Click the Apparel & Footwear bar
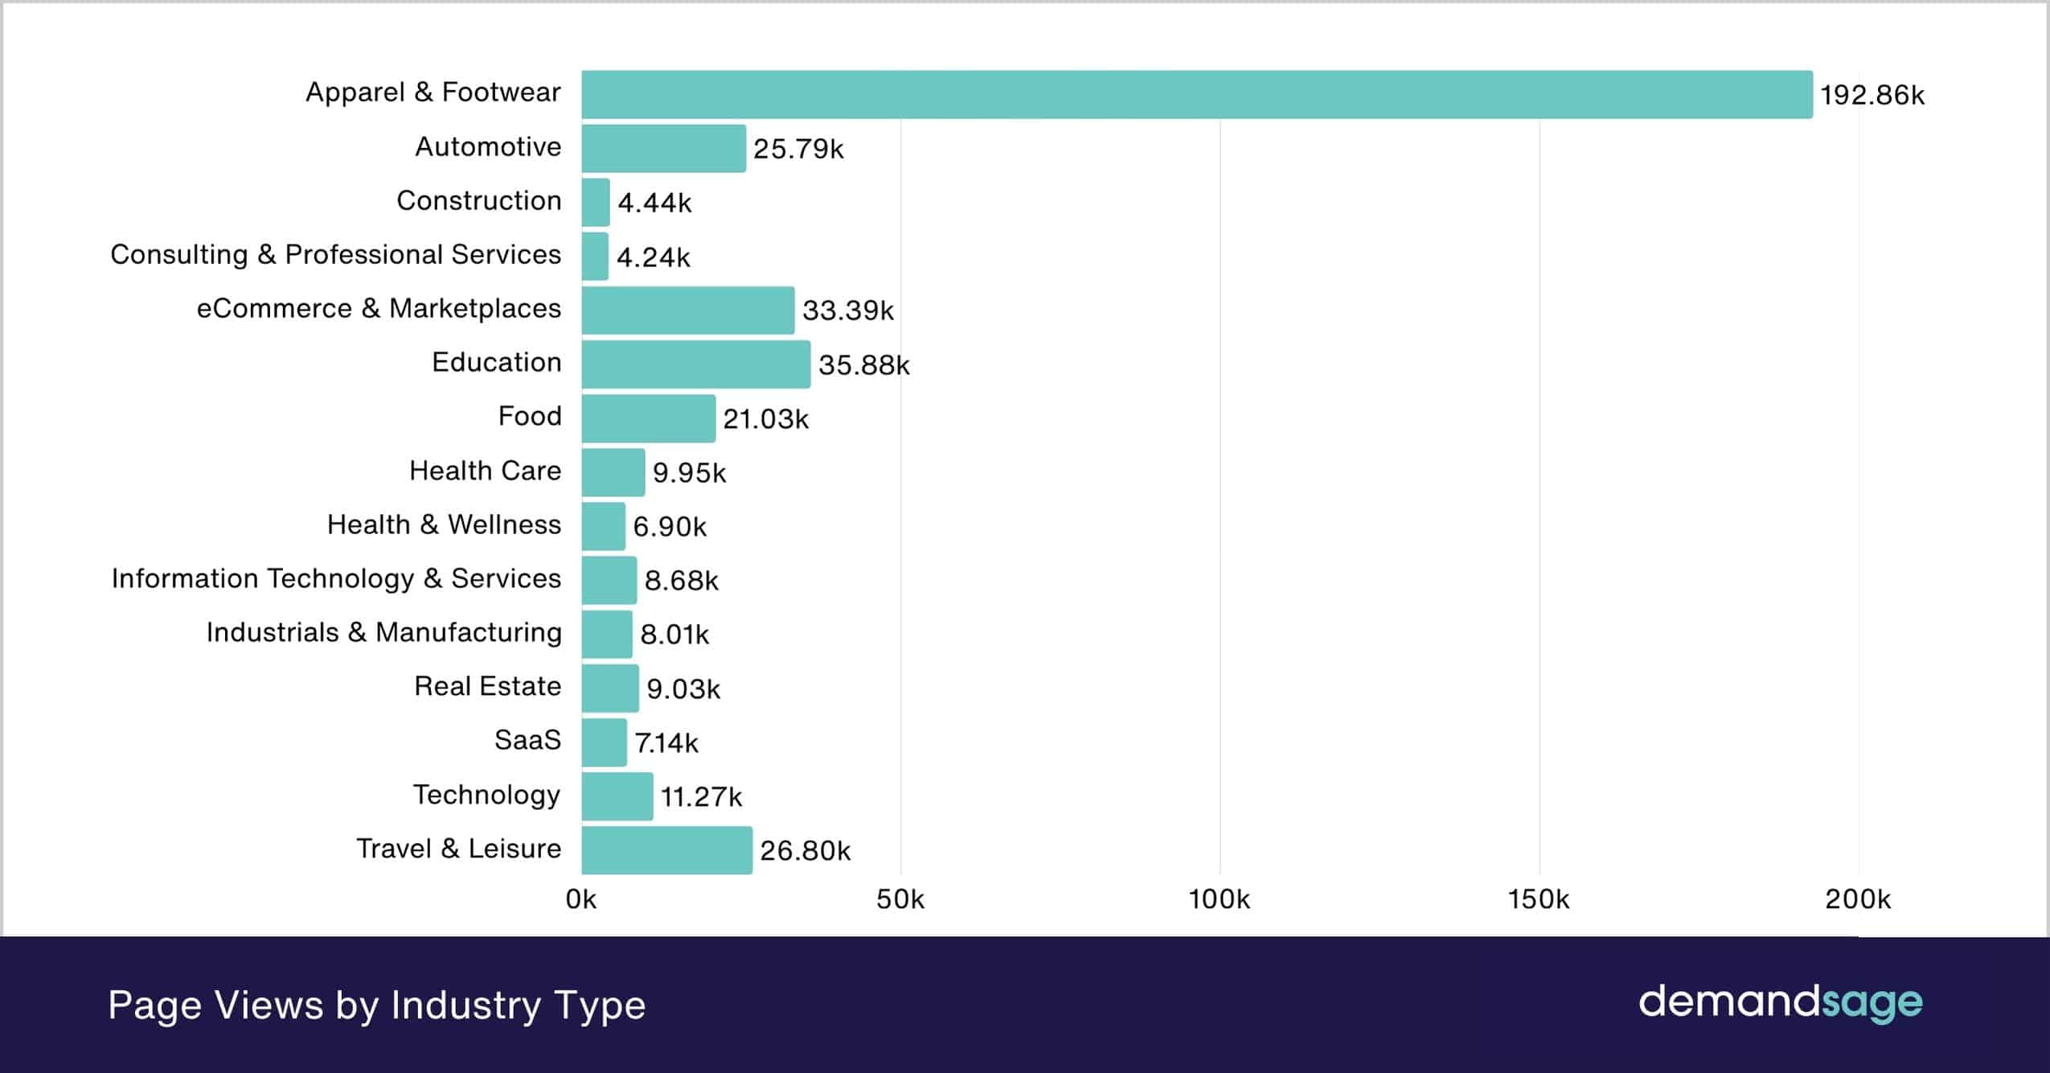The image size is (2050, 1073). pyautogui.click(x=1196, y=95)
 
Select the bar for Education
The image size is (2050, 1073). pyautogui.click(x=695, y=364)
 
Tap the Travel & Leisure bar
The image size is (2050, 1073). pyautogui.click(x=666, y=850)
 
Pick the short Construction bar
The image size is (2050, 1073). pyautogui.click(x=596, y=202)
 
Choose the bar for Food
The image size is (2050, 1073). pyautogui.click(x=648, y=418)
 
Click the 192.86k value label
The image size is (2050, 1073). pyautogui.click(x=1872, y=96)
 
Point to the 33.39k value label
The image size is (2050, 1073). pyautogui.click(x=847, y=310)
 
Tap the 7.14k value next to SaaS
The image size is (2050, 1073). pyautogui.click(x=666, y=742)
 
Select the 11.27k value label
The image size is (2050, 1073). pyautogui.click(x=701, y=796)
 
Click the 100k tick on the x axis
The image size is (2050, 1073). pyautogui.click(x=1219, y=899)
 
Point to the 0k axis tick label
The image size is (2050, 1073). pyautogui.click(x=580, y=899)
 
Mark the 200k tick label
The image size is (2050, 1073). pyautogui.click(x=1857, y=899)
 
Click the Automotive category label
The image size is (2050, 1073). pyautogui.click(x=487, y=147)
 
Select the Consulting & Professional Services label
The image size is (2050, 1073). pyautogui.click(x=335, y=254)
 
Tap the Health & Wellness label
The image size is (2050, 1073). pyautogui.click(x=444, y=524)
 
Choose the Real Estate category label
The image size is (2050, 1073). pyautogui.click(x=487, y=686)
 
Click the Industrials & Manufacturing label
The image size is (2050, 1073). pyautogui.click(x=383, y=632)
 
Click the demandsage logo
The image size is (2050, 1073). pyautogui.click(x=1780, y=1003)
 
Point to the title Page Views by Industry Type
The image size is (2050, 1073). pyautogui.click(x=376, y=1005)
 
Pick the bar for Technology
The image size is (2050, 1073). pyautogui.click(x=617, y=796)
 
